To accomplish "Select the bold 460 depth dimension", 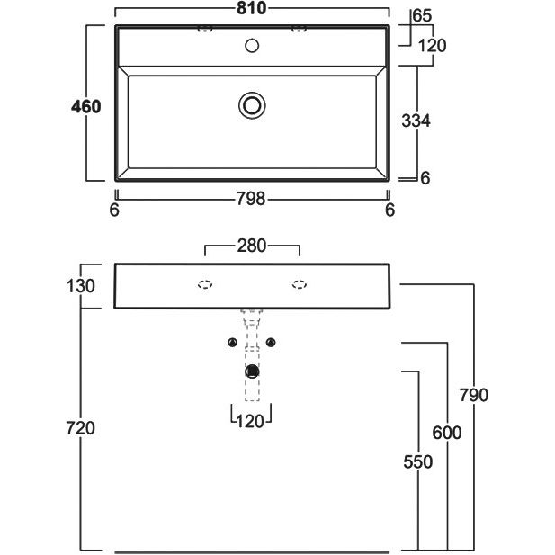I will tap(86, 105).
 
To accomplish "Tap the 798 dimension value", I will tap(252, 200).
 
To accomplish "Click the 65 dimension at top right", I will tap(422, 15).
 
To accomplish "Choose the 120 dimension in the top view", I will tap(433, 45).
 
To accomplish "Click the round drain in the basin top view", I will tap(253, 105).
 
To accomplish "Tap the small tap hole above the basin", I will tap(253, 45).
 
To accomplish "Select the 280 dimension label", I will tap(252, 246).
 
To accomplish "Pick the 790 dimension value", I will tap(472, 395).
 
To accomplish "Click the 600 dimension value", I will tap(446, 433).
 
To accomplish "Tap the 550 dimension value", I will tap(418, 461).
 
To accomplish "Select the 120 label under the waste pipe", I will tap(252, 419).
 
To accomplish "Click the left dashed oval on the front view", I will tap(205, 285).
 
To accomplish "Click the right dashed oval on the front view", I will tap(299, 285).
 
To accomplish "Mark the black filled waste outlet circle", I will tap(253, 371).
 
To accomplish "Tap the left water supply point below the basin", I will tap(233, 343).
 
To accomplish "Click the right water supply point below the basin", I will tap(272, 343).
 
